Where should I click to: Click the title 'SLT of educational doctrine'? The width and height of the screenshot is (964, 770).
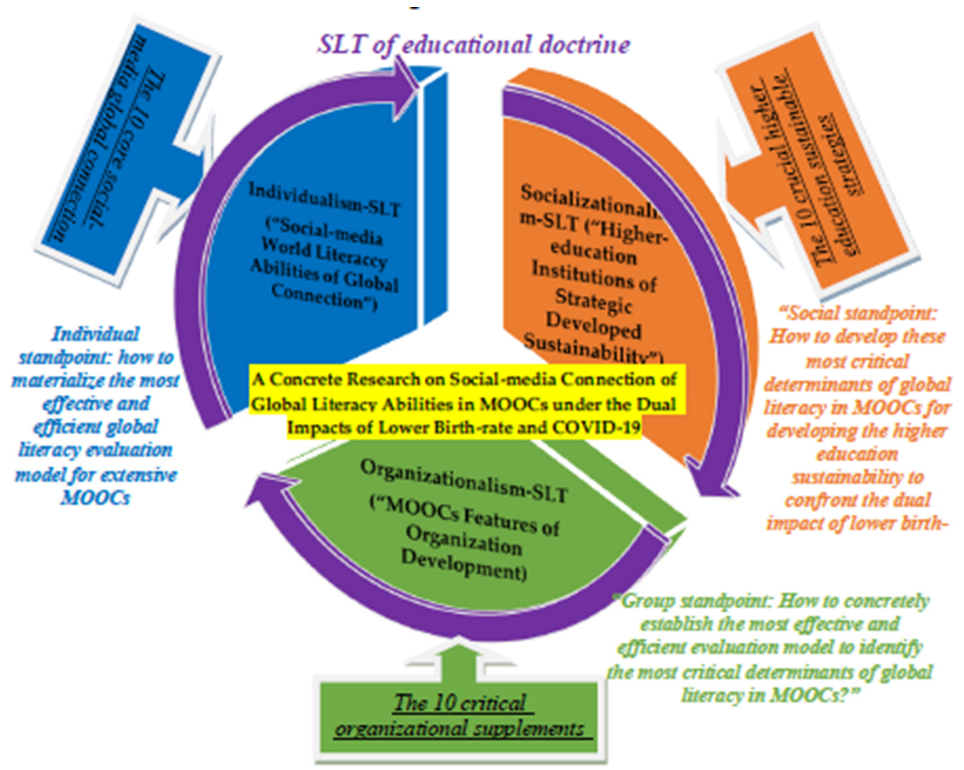(474, 45)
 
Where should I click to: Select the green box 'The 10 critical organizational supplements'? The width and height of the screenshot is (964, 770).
(461, 715)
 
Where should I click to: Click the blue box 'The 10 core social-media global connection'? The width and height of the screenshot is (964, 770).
(121, 147)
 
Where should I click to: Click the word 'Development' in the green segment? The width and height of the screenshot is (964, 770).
(463, 566)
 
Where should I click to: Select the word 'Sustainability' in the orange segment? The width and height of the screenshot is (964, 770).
(590, 351)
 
